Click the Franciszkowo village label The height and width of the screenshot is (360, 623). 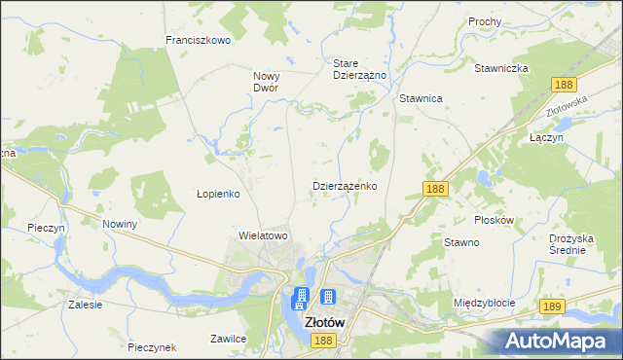(197, 40)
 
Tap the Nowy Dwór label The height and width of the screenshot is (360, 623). (266, 81)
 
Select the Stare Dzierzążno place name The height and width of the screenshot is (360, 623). (360, 68)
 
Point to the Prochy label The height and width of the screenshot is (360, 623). (484, 20)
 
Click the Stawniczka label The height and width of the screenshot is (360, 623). (500, 68)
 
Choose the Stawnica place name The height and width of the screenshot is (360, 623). (421, 98)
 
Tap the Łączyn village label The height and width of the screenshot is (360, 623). (547, 138)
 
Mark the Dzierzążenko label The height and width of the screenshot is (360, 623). (345, 185)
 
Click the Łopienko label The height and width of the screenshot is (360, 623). (218, 194)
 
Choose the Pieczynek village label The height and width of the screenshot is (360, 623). (151, 346)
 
